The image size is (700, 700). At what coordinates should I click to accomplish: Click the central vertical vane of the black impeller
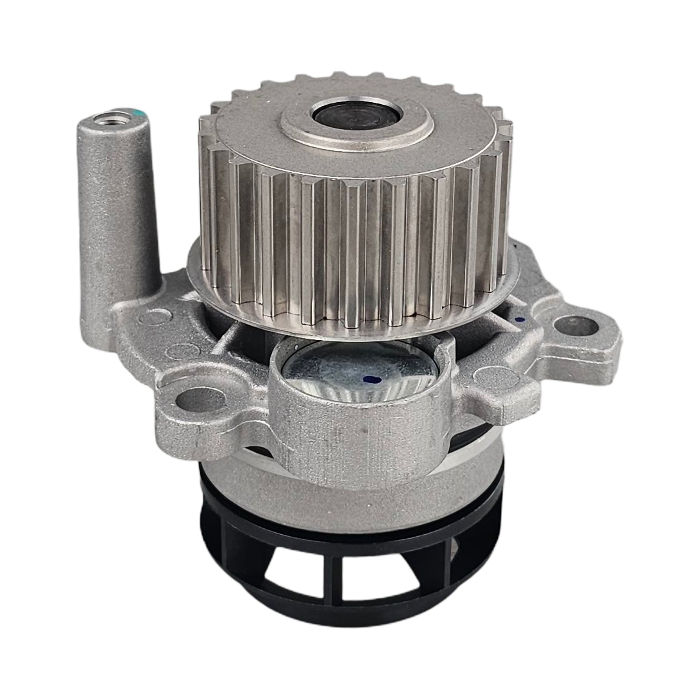click(333, 583)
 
